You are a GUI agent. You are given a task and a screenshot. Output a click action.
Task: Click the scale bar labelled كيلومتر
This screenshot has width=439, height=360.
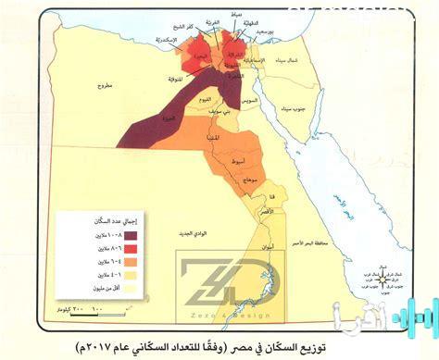(80, 302)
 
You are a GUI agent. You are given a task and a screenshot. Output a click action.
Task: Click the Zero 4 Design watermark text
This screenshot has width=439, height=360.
(219, 306)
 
